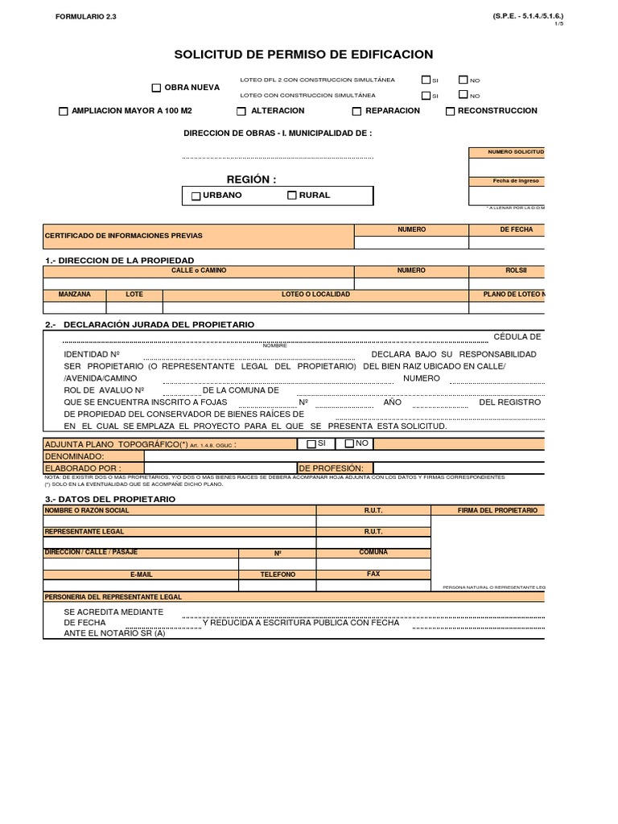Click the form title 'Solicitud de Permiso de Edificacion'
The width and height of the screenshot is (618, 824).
click(303, 55)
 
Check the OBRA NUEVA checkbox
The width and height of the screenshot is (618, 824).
click(157, 88)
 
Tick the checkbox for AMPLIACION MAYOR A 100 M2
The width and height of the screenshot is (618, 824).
click(64, 112)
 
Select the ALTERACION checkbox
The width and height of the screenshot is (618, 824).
click(241, 112)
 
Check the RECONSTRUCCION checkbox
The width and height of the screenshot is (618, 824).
click(450, 112)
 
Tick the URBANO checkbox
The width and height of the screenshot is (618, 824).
click(196, 196)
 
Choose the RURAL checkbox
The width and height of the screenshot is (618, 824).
click(292, 196)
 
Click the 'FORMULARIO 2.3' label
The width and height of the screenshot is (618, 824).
click(86, 16)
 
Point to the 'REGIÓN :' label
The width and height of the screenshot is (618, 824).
click(251, 179)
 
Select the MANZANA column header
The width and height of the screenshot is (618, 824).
click(74, 295)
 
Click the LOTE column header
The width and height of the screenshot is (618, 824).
click(134, 295)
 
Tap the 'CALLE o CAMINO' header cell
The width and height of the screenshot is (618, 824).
click(199, 270)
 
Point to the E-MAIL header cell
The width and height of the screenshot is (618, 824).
click(141, 575)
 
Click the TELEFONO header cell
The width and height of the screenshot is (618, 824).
click(278, 575)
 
